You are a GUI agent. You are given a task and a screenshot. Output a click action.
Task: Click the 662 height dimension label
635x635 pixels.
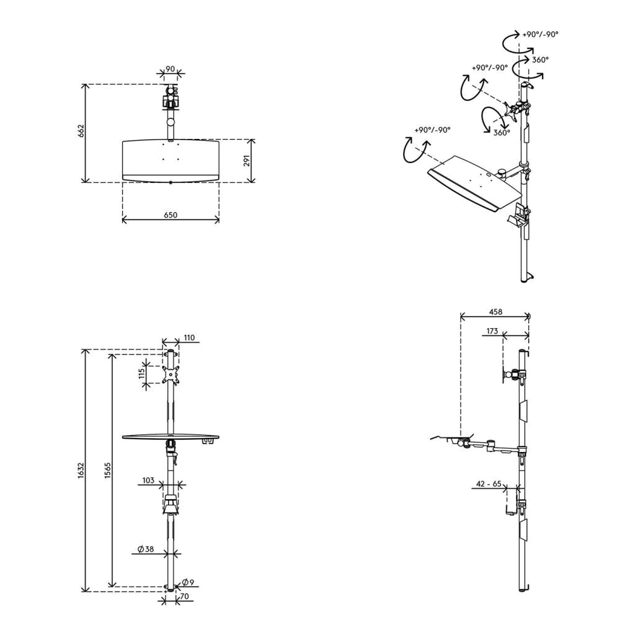point(81,131)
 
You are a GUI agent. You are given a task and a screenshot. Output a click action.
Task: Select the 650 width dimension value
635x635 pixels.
point(171,215)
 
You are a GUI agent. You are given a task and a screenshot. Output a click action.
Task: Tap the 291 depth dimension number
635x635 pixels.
point(247,161)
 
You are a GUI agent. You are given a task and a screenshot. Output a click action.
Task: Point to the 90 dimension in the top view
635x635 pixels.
point(171,69)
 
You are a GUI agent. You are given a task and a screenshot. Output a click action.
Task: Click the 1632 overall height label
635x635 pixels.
point(81,471)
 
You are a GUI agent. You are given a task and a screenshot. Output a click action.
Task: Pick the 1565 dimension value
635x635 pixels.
point(107,471)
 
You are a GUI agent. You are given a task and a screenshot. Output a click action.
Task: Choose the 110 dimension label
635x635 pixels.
point(189,337)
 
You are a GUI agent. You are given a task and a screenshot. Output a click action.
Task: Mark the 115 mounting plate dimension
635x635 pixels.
point(142,373)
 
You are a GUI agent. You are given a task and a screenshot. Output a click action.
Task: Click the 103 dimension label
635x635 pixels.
point(148,480)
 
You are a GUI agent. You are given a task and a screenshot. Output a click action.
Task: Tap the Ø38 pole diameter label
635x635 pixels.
point(146,549)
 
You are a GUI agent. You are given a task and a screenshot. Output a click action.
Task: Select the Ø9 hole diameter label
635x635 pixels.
point(189,582)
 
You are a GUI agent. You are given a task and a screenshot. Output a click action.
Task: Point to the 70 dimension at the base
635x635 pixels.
point(184,596)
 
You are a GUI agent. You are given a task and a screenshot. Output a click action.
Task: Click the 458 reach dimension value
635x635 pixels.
point(495,311)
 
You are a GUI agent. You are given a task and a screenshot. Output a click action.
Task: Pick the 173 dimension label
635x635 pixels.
point(492,331)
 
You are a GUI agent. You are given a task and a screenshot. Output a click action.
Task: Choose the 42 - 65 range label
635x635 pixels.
point(489,484)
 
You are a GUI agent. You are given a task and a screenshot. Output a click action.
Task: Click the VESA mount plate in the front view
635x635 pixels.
point(171,375)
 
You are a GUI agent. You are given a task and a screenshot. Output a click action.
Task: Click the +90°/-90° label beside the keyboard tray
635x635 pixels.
point(432,130)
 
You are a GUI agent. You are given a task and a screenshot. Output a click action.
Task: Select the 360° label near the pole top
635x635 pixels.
point(540,60)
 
